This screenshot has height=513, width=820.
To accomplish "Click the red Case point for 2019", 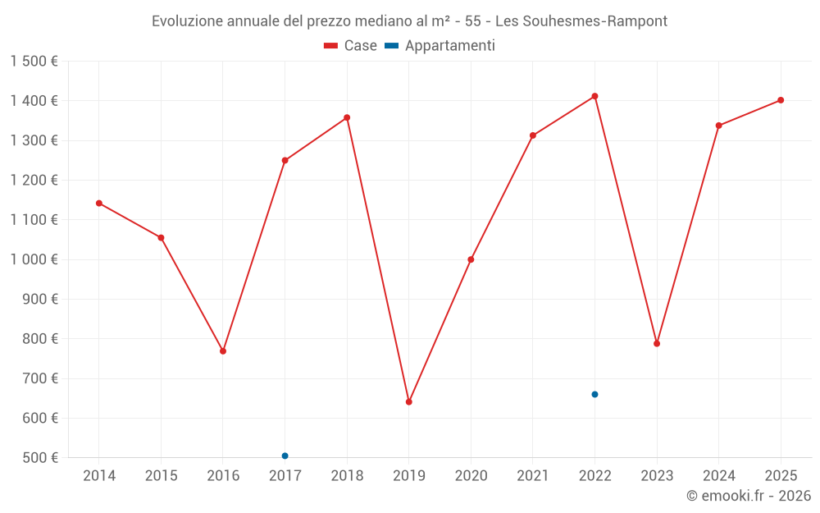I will pos(408,401).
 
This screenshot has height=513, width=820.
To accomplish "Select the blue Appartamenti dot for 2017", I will pos(285,456).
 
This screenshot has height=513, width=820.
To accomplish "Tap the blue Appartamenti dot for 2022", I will pos(594,394).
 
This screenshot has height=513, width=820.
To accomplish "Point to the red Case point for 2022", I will pos(594,96).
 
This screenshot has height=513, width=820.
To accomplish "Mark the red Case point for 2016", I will pos(223,350).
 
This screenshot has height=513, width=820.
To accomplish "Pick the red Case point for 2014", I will pos(99,203).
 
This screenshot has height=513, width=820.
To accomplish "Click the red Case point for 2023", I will pos(657,343).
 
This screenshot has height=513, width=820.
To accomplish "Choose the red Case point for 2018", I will pos(347,117).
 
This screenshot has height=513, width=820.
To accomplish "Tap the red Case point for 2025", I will pos(781,100).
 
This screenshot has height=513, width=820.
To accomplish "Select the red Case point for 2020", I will pos(471,259).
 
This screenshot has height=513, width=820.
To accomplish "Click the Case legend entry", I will pos(351,46).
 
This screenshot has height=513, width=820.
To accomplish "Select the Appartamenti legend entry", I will pos(440,46).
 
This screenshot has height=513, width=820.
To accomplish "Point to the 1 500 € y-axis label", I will pos(34,62).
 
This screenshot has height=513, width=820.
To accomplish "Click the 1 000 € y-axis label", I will pos(34,259).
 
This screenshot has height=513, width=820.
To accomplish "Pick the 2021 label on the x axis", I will pos(533,476).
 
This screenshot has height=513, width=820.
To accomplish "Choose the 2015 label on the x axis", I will pos(161,476).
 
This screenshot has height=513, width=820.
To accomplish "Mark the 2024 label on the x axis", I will pos(719,476).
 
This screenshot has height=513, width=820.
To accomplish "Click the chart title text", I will pos(410,21).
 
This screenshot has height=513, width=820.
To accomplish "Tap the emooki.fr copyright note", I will pos(749,496).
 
